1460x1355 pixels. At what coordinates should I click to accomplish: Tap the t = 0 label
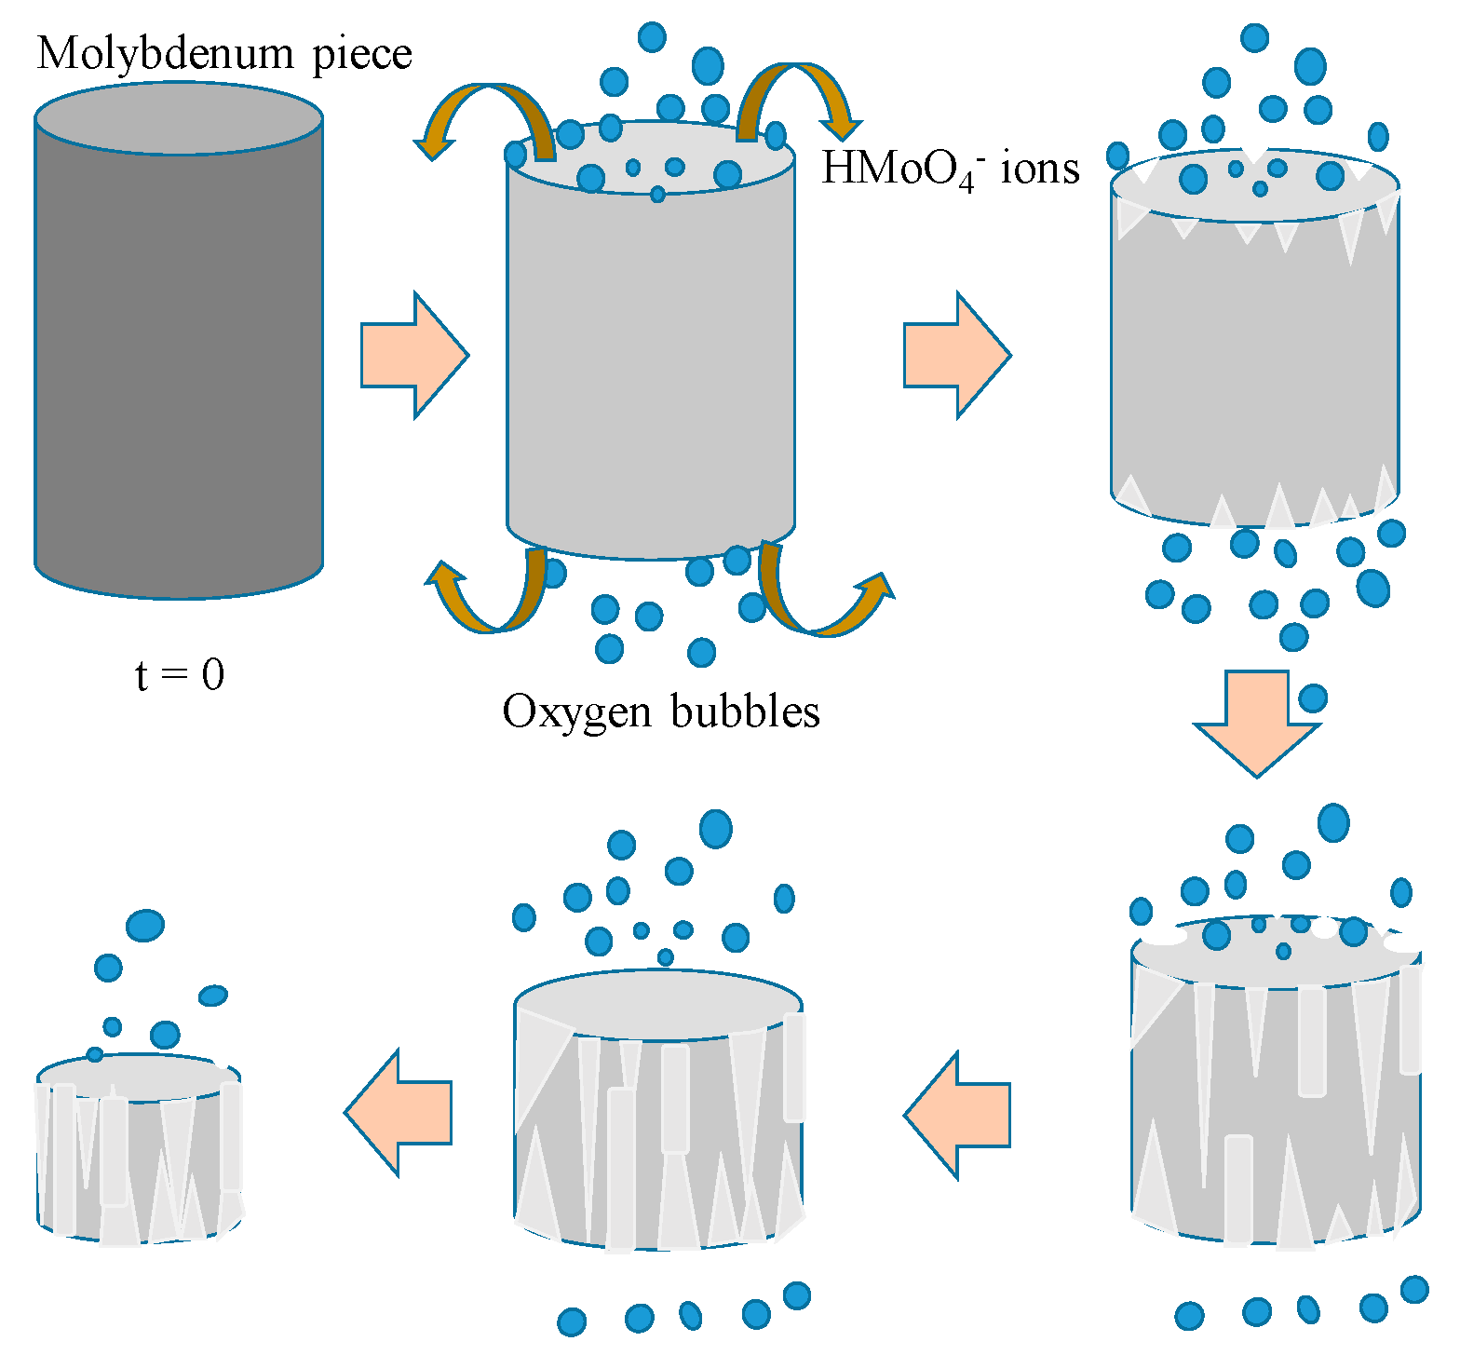[180, 675]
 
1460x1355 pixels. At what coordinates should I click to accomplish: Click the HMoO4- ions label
[950, 169]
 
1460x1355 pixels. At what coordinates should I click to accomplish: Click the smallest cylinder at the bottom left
[140, 1155]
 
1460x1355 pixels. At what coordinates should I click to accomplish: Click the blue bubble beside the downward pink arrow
[1313, 698]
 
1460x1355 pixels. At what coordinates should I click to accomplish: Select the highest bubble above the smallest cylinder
[145, 925]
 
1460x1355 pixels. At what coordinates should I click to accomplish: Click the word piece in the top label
[362, 54]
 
